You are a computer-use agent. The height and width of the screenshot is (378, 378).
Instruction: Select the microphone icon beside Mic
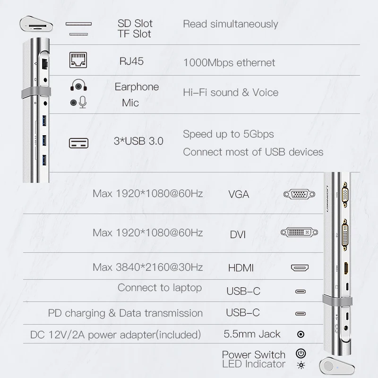pyautogui.click(x=78, y=102)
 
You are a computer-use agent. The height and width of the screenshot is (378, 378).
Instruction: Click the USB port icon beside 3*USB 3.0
pyautogui.click(x=78, y=143)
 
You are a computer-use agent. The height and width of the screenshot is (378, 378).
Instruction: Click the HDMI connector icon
pyautogui.click(x=300, y=268)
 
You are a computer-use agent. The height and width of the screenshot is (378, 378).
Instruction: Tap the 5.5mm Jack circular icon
pyautogui.click(x=300, y=335)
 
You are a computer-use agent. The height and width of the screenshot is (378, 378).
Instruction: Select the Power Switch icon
pyautogui.click(x=300, y=353)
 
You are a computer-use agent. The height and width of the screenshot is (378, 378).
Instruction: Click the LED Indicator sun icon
pyautogui.click(x=300, y=365)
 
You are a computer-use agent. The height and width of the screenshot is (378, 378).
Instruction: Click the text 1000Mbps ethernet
pyautogui.click(x=229, y=62)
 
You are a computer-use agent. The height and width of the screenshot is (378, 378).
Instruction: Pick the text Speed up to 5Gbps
pyautogui.click(x=228, y=134)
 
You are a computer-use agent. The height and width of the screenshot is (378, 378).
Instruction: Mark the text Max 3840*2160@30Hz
pyautogui.click(x=148, y=267)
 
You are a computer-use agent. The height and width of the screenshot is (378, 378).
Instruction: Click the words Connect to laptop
pyautogui.click(x=160, y=288)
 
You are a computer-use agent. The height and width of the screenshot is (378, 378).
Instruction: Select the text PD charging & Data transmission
pyautogui.click(x=125, y=313)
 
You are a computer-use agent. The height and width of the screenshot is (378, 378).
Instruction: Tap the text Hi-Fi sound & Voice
pyautogui.click(x=231, y=92)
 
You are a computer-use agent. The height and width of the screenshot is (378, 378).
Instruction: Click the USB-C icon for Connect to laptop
pyautogui.click(x=300, y=291)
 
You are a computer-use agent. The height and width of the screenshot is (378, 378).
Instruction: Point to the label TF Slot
pyautogui.click(x=134, y=34)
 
